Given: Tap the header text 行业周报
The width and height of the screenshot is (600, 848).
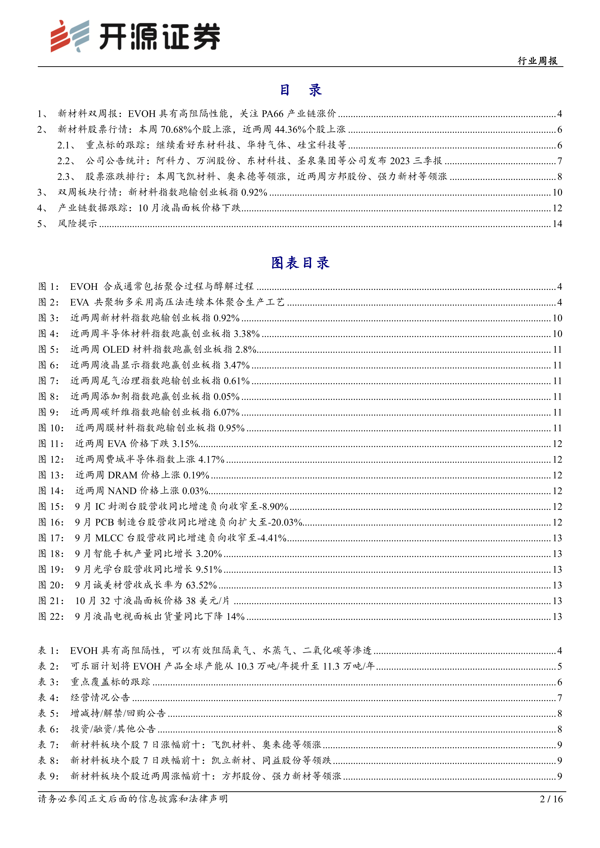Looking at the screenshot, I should click(538, 61).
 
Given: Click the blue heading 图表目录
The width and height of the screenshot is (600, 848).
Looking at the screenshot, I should click(300, 263).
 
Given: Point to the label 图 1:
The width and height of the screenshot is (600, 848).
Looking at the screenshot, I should click(48, 287).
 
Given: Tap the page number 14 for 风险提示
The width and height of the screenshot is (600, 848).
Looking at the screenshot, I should click(557, 224).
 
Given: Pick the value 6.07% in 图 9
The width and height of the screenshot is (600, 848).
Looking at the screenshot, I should click(226, 412).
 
